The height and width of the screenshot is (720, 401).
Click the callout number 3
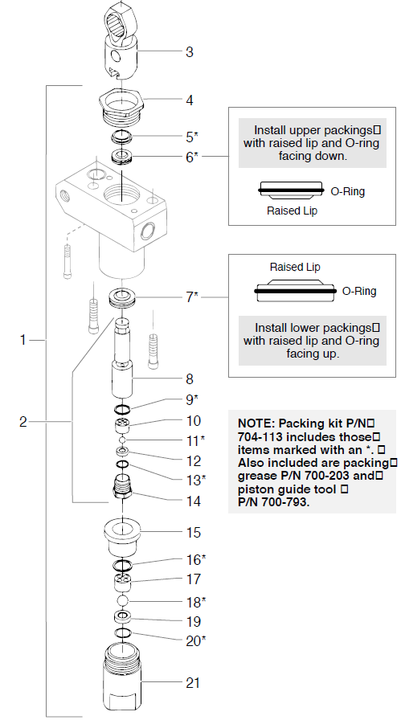click(x=189, y=53)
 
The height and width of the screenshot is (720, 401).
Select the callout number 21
click(x=192, y=683)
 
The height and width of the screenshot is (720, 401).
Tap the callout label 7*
click(x=191, y=297)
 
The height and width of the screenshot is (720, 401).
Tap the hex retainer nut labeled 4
click(x=120, y=103)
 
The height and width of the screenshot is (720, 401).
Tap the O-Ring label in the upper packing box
click(x=348, y=191)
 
